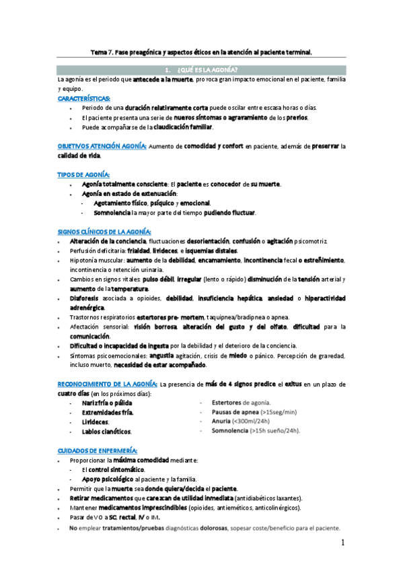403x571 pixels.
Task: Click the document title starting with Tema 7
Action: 201,51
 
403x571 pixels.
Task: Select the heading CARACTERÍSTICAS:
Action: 84,98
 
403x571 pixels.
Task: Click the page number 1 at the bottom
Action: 342,542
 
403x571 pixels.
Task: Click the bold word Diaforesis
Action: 84,298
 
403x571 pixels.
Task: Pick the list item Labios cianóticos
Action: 106,431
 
